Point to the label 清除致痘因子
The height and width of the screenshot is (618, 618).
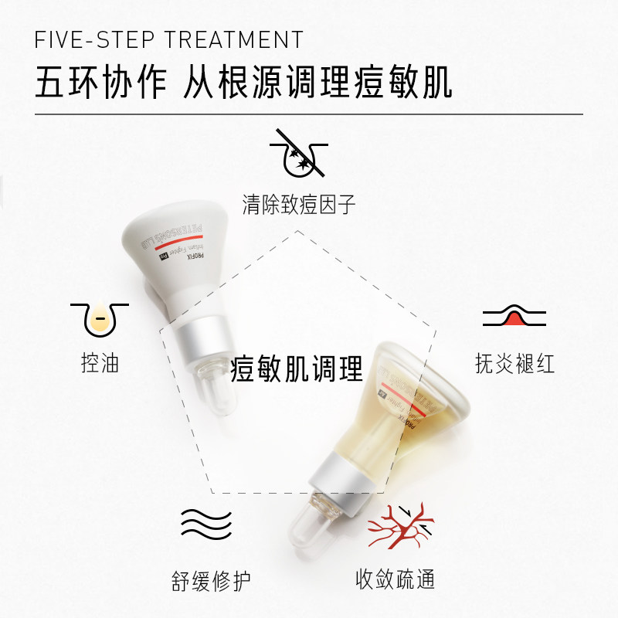(299, 205)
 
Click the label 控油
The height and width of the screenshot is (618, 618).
(100, 364)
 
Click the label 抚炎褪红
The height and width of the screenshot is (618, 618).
(514, 364)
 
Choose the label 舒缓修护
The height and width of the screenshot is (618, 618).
(211, 579)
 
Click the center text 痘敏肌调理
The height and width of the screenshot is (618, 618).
(297, 369)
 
